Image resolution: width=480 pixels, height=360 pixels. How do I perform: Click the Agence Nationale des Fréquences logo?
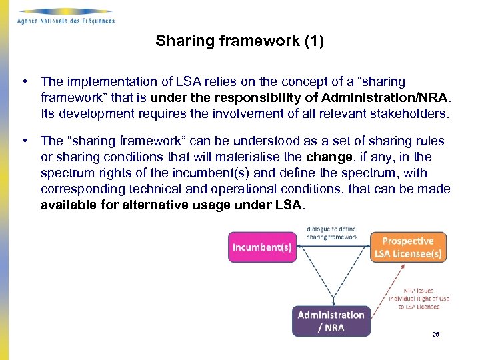click(65, 15)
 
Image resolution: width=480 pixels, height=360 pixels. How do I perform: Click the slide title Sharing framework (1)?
click(239, 41)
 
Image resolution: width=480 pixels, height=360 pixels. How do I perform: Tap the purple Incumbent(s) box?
click(262, 247)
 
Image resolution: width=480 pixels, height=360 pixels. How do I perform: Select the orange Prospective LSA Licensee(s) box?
click(407, 247)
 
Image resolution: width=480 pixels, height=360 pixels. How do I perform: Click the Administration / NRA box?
click(331, 321)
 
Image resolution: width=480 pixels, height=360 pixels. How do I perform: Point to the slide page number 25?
click(435, 334)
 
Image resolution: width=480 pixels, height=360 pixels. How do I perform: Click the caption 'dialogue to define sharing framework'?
click(332, 233)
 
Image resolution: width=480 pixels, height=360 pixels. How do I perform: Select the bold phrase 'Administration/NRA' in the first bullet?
click(371, 98)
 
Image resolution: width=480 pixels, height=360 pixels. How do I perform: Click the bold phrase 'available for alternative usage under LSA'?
click(171, 205)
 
